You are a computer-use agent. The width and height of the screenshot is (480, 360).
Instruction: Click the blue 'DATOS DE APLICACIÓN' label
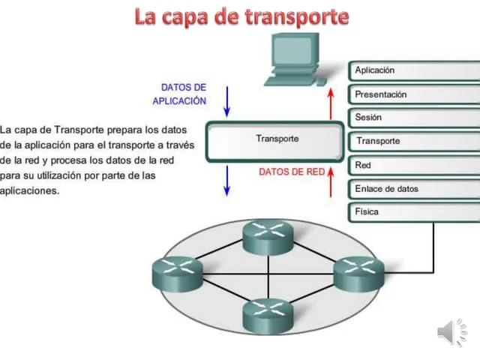click(x=179, y=94)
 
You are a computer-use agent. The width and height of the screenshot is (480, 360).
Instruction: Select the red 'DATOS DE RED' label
click(x=292, y=172)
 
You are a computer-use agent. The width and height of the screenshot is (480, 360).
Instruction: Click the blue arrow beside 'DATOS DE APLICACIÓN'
click(x=227, y=95)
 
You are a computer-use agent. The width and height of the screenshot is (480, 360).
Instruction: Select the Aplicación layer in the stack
click(x=412, y=70)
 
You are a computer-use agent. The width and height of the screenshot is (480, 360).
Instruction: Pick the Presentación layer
click(x=412, y=94)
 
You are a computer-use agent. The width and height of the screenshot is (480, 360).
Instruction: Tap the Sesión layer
click(x=412, y=118)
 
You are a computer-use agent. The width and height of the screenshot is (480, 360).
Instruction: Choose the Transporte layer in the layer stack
click(x=412, y=141)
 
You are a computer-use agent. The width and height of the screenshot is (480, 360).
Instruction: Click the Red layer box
click(x=412, y=164)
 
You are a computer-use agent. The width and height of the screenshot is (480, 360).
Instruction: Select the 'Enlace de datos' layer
click(x=412, y=188)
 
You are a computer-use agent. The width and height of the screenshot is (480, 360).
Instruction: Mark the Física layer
click(x=412, y=211)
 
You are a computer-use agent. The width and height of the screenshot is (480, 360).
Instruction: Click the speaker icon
click(x=451, y=332)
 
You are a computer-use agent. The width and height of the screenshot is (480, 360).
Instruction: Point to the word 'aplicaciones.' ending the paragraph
click(x=29, y=190)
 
